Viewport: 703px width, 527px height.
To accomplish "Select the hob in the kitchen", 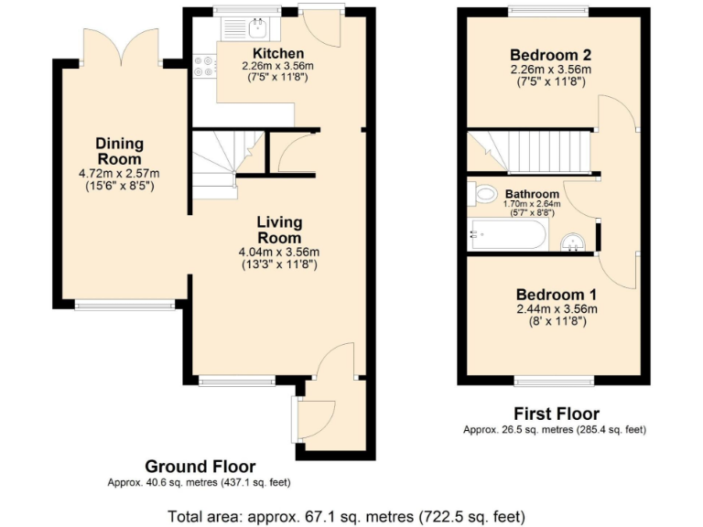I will point(204,67).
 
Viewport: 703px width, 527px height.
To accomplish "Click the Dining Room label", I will point(120,151).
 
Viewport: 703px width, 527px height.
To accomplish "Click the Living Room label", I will point(279,230).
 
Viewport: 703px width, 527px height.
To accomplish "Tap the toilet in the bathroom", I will point(482,193).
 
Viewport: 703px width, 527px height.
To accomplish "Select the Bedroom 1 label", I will point(556,295).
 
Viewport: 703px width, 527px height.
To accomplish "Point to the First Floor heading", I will point(557,414).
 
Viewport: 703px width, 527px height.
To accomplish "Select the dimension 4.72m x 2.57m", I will point(120,174).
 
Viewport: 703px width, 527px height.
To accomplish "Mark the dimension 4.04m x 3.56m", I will point(280,253).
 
